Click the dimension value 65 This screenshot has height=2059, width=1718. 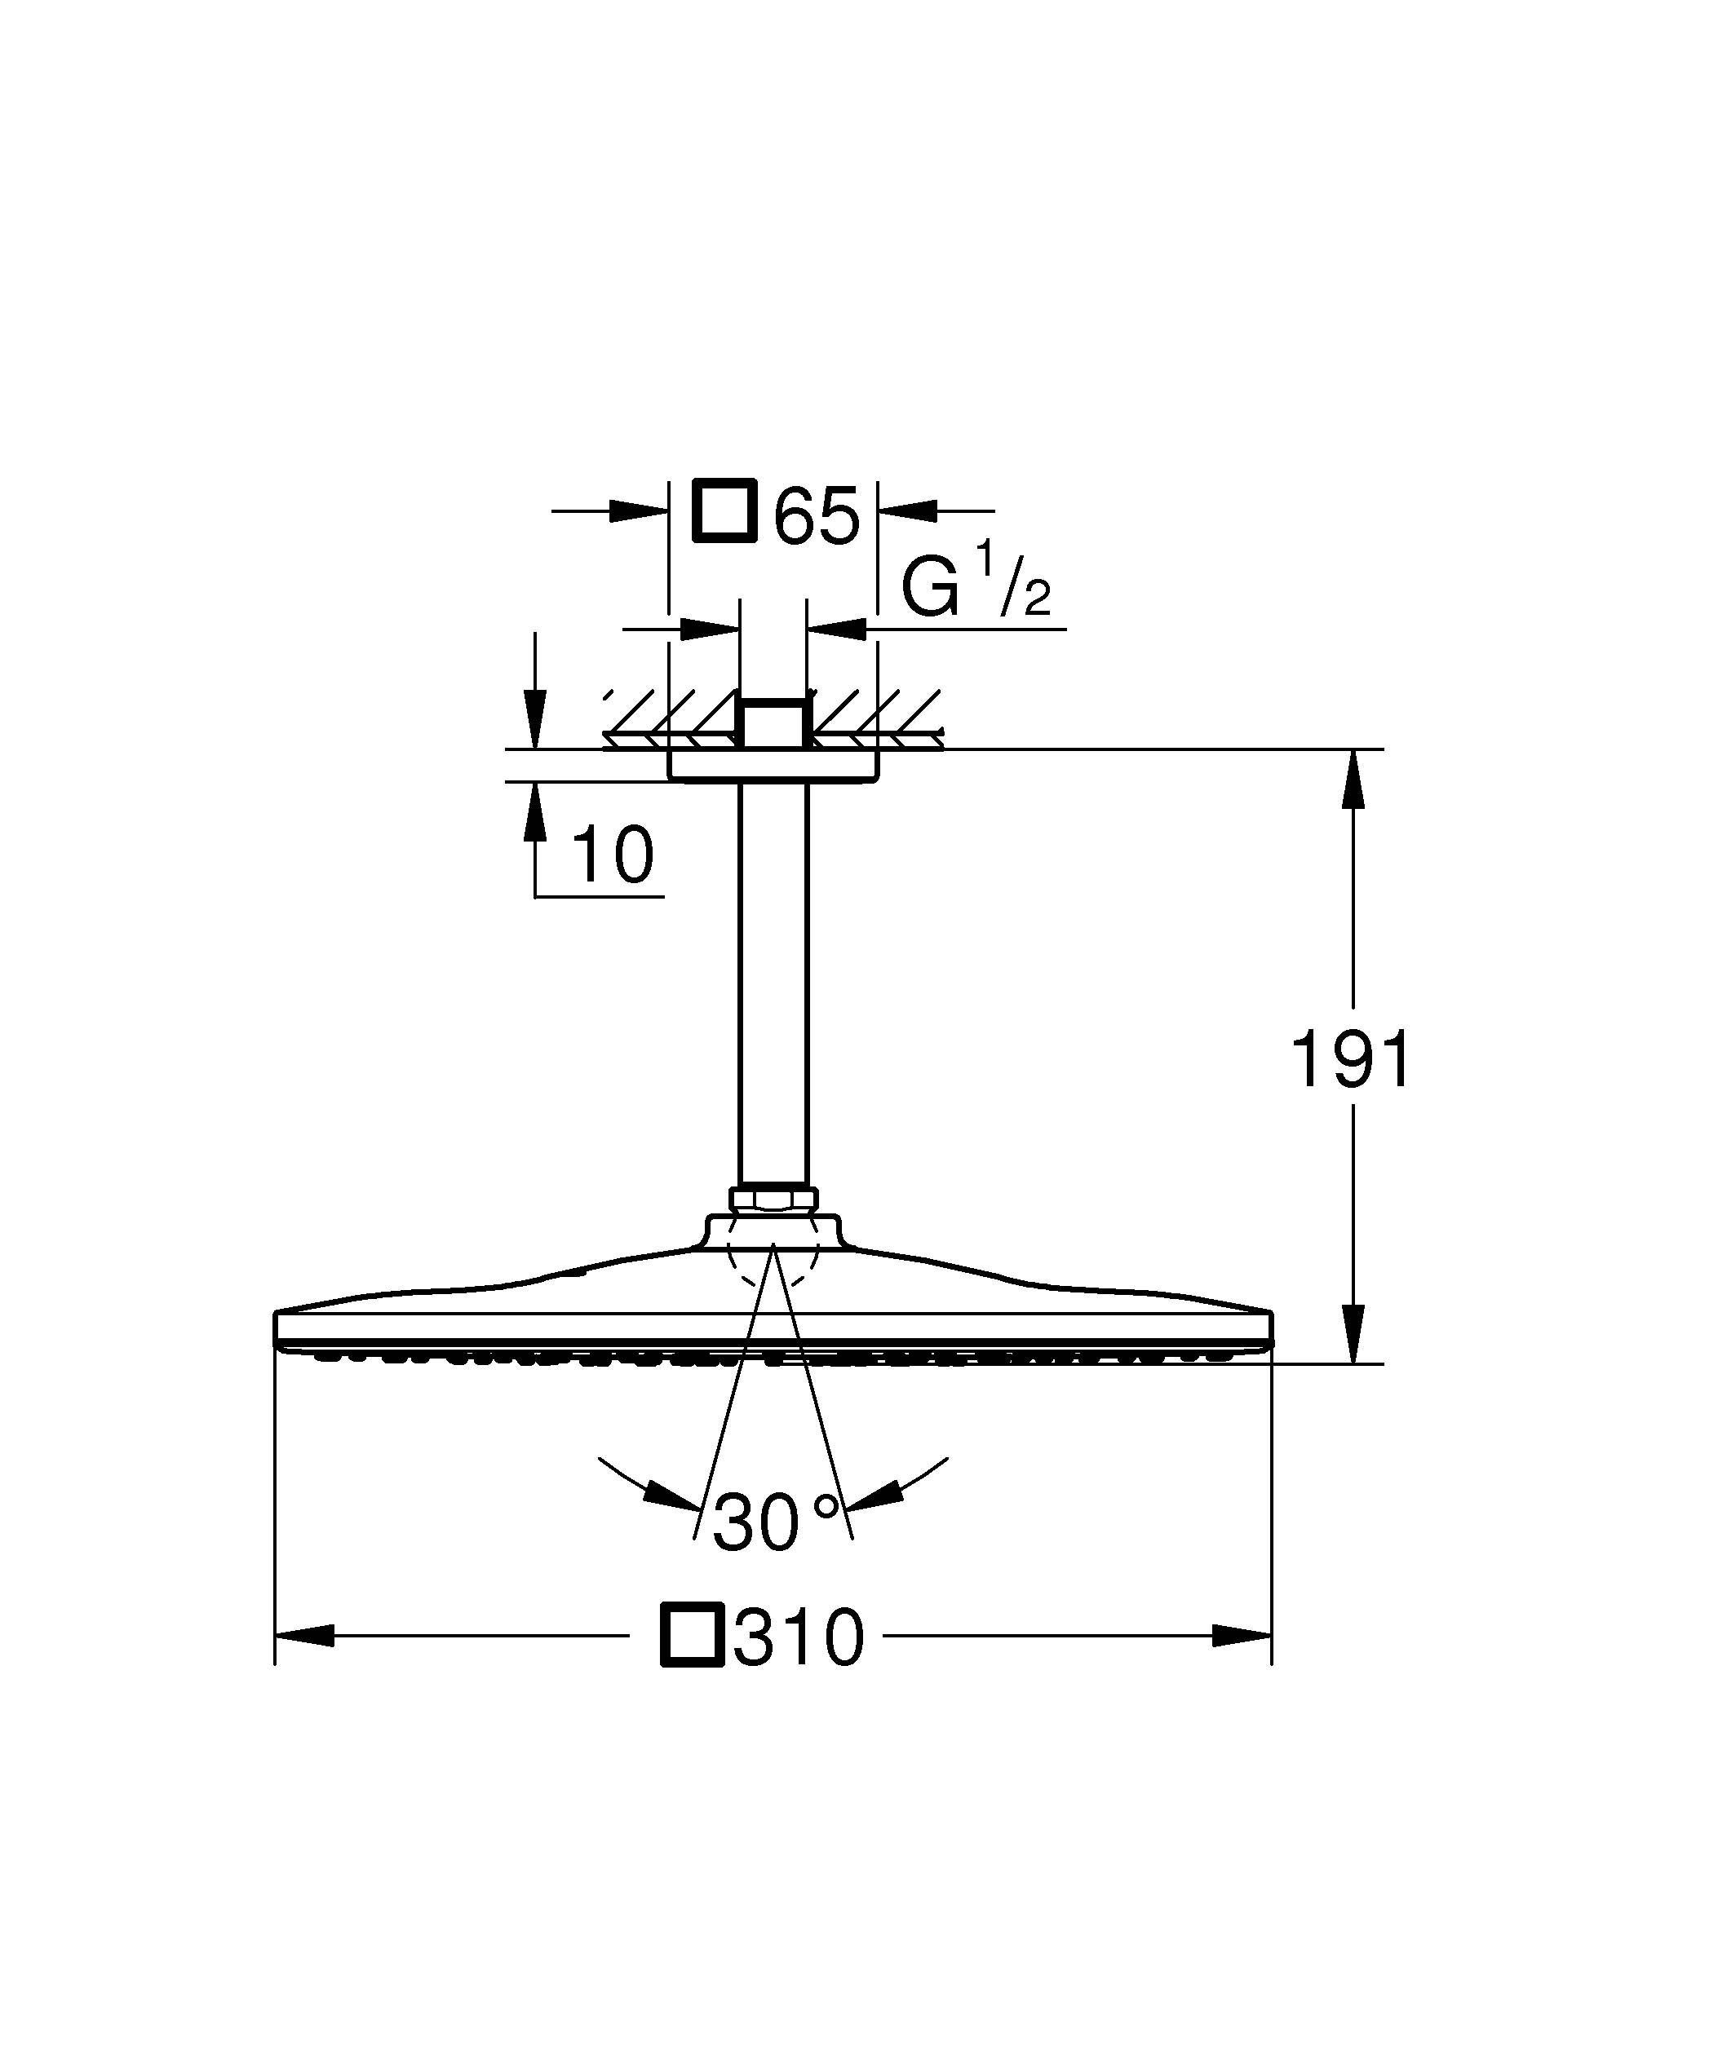tap(816, 515)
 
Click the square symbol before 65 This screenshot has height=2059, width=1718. tap(724, 510)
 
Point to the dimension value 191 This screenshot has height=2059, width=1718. tap(1351, 1060)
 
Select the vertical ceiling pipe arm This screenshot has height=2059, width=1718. tap(773, 980)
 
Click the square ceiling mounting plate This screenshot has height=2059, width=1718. tap(773, 765)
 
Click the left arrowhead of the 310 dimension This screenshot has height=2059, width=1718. tap(305, 1636)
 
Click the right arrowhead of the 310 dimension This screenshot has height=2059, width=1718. tap(1242, 1636)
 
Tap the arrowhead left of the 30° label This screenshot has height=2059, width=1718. tap(673, 1521)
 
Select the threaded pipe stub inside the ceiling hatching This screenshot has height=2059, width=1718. tap(773, 723)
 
